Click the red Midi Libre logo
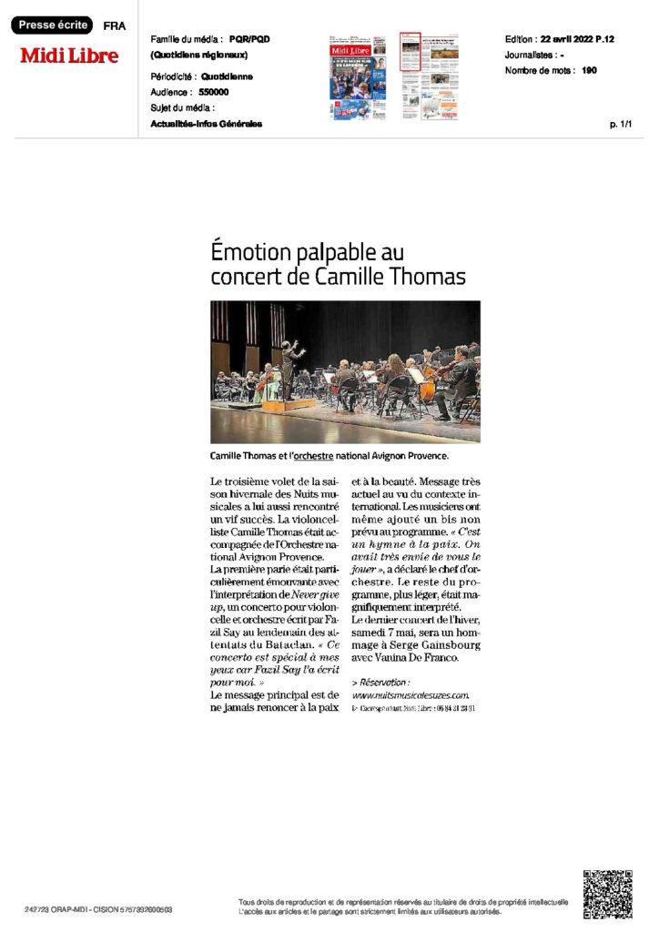pyautogui.click(x=70, y=56)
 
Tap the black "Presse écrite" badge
pyautogui.click(x=51, y=25)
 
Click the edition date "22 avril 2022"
pyautogui.click(x=570, y=40)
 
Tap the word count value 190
pyautogui.click(x=589, y=70)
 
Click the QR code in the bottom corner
pyautogui.click(x=607, y=894)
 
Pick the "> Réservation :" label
pyautogui.click(x=380, y=682)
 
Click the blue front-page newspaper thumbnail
pyautogui.click(x=358, y=77)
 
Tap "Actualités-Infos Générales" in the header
pyautogui.click(x=207, y=124)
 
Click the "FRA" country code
pyautogui.click(x=116, y=26)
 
